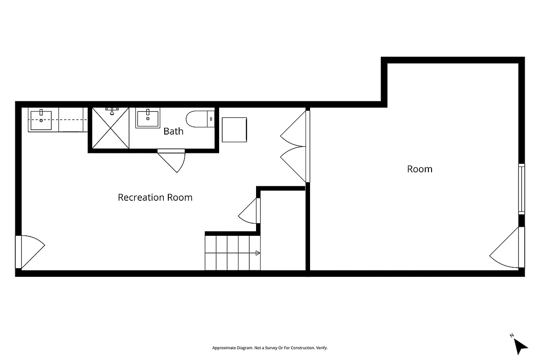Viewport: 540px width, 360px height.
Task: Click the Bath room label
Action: pos(173,131)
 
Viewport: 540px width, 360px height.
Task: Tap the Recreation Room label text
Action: pos(155,197)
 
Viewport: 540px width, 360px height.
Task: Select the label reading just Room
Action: pos(419,169)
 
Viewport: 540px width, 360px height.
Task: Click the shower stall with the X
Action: pos(111,129)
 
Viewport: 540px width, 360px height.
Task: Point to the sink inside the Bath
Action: pos(147,118)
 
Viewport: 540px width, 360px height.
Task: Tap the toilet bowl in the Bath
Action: pos(195,119)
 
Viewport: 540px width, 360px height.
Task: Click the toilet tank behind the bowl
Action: pos(211,119)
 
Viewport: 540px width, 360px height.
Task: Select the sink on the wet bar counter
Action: pos(41,120)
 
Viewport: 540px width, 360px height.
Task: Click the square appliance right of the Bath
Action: pos(234,130)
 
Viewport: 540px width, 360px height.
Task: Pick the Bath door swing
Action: pos(173,161)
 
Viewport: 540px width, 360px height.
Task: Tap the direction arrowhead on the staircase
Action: pos(258,253)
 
